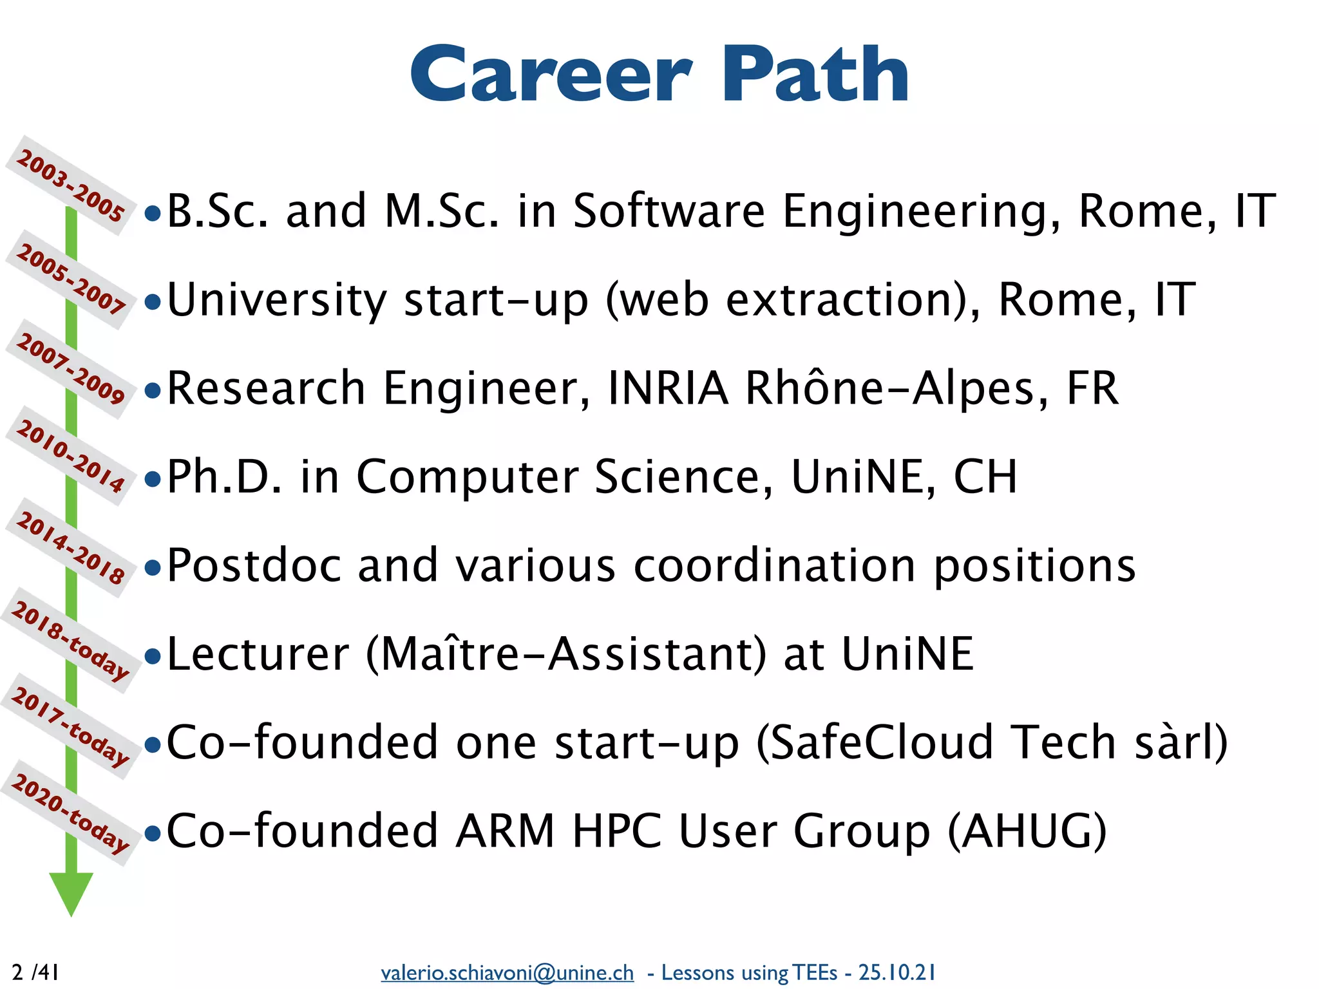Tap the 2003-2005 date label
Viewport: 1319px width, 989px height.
tap(70, 185)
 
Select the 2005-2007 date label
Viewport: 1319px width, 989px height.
tap(70, 279)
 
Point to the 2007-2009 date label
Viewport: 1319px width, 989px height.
tap(70, 368)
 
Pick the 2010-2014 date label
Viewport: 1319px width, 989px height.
tap(70, 456)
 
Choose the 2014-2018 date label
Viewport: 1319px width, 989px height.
tap(70, 547)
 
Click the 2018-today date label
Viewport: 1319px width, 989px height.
tap(70, 640)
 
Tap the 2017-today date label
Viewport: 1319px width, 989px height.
tap(70, 726)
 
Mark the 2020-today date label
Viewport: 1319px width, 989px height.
tap(70, 813)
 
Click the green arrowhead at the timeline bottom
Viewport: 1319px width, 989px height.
tap(71, 892)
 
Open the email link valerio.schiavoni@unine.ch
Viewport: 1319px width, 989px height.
tap(507, 972)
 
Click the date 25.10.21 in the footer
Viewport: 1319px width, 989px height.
tap(897, 972)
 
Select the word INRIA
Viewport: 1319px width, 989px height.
tap(668, 388)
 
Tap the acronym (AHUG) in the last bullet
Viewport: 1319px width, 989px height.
tap(1027, 831)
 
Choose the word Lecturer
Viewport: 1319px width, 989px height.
tap(258, 654)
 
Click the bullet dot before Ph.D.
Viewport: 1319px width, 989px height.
tap(153, 479)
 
